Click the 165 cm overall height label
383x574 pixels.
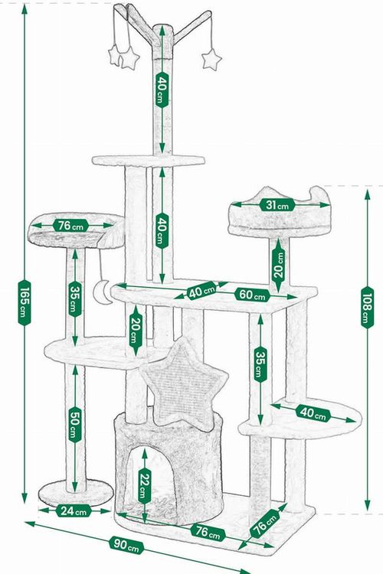point(25,302)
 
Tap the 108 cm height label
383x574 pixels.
point(367,307)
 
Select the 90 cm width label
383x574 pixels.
point(126,545)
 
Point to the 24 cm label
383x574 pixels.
point(74,510)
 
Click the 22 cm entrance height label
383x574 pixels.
point(145,485)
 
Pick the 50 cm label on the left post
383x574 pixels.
point(75,422)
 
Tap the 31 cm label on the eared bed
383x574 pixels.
point(277,205)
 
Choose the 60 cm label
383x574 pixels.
point(252,295)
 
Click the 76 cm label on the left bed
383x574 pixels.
point(70,226)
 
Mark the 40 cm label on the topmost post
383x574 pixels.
point(162,90)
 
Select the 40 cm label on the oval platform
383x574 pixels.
point(313,413)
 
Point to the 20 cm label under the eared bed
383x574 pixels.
point(279,265)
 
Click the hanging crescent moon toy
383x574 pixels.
point(100,292)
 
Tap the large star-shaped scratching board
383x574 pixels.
point(183,384)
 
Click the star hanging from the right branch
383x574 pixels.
point(211,59)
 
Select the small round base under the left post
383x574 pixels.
point(76,493)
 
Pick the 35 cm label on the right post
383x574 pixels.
point(260,364)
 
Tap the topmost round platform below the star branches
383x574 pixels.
point(149,161)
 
